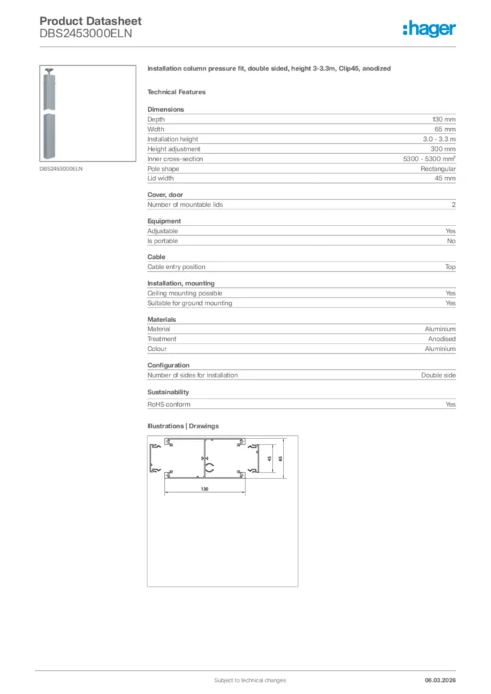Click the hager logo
coord(429,28)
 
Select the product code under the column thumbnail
coord(60,169)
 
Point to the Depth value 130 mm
coord(444,119)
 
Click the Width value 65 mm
coord(445,129)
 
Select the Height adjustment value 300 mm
coord(444,148)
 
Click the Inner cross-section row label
coord(175,159)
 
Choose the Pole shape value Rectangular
coord(438,169)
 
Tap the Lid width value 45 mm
coord(445,178)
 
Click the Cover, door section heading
coord(165,195)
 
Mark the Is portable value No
coord(451,241)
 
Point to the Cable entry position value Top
coord(450,267)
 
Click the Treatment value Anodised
coord(441,339)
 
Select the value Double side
coord(438,375)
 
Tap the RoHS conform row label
coord(169,405)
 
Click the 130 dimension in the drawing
coord(204,489)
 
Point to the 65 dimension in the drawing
coord(280,460)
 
